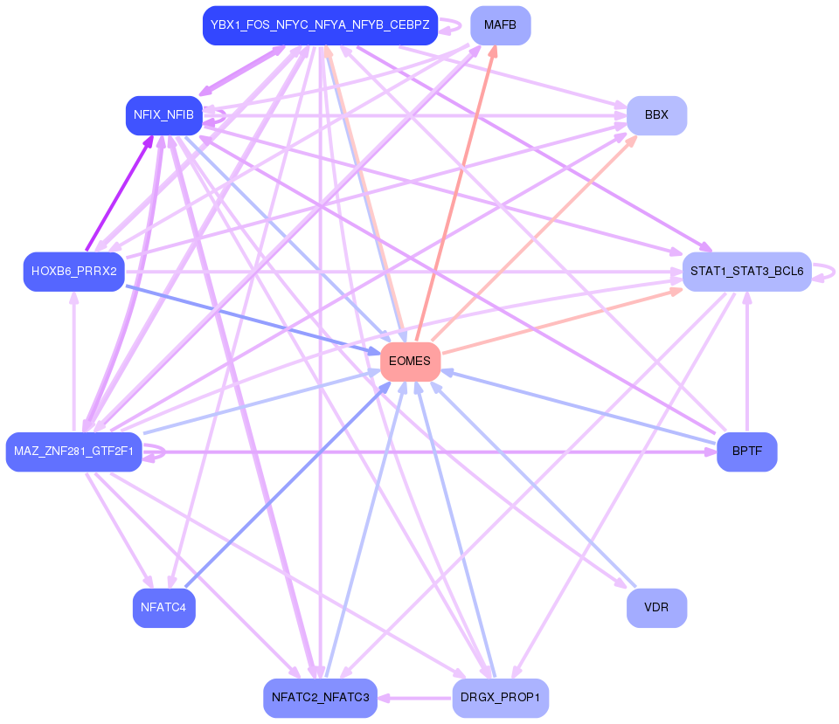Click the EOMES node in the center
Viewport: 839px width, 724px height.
coord(410,362)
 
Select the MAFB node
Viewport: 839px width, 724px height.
coord(500,25)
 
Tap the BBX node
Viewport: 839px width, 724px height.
coord(656,115)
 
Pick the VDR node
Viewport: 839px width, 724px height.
coord(656,608)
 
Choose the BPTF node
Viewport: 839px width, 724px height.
coord(746,452)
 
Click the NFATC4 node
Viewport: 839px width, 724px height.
coord(163,608)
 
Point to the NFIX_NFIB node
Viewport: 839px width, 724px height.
coord(163,115)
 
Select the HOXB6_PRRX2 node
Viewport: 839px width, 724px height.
coord(73,272)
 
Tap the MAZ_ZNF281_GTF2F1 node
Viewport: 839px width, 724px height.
coord(73,452)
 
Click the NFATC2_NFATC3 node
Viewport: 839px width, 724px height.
coord(320,698)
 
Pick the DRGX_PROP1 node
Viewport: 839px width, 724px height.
coord(500,698)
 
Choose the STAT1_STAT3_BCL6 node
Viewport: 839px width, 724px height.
coord(746,272)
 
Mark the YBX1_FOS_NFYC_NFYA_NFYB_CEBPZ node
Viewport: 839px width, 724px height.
coord(320,25)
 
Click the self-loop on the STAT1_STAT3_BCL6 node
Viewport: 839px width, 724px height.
coord(827,272)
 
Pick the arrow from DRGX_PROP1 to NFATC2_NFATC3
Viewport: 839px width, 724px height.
coord(415,698)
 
